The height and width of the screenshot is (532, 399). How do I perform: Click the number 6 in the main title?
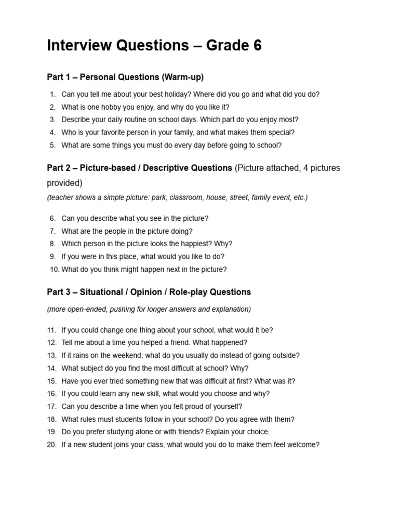[258, 46]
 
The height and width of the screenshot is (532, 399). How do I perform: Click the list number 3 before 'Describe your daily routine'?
[52, 120]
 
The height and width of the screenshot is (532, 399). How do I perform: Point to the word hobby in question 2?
[112, 107]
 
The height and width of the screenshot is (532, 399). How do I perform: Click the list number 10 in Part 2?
[55, 269]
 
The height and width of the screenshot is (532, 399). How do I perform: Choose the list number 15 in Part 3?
[51, 381]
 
